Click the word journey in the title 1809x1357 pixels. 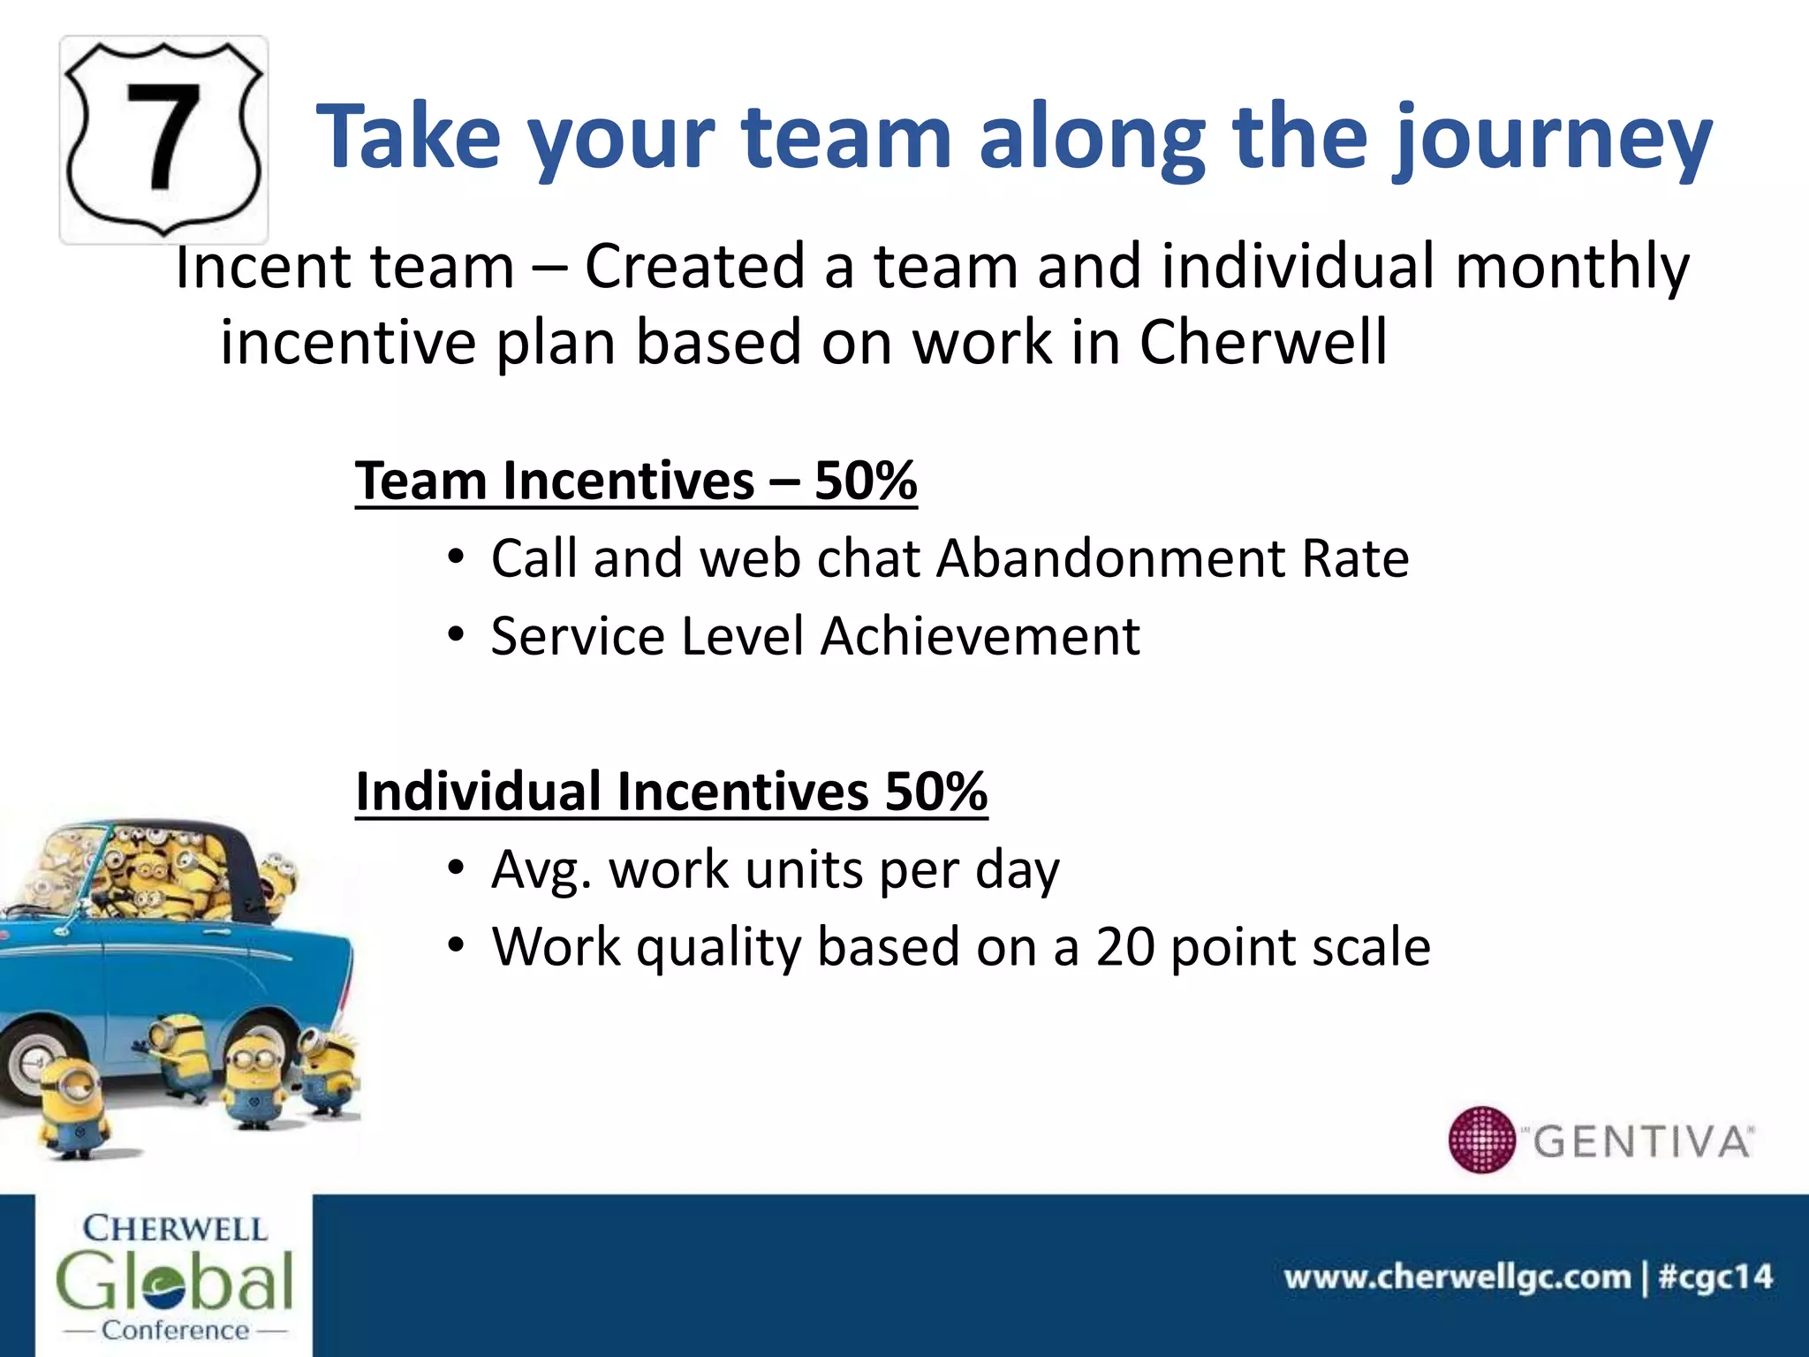pos(1551,140)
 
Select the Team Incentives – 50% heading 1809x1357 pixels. pos(636,481)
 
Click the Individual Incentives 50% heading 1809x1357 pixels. pos(671,792)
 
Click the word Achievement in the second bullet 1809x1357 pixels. pos(980,636)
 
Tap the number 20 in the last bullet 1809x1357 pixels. pos(1125,947)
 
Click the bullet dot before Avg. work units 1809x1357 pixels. pos(456,869)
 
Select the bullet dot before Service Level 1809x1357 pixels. pos(456,636)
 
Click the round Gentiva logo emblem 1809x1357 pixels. pos(1481,1140)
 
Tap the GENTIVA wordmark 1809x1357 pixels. pos(1641,1141)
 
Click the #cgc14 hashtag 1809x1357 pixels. pos(1715,1277)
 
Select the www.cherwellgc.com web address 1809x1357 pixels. pos(1457,1277)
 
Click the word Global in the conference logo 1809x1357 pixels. pos(174,1280)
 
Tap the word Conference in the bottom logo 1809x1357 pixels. pos(175,1330)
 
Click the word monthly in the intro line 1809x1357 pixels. pos(1572,267)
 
